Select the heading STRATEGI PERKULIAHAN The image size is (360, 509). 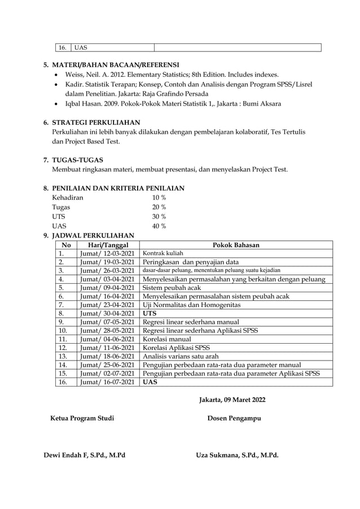point(96,122)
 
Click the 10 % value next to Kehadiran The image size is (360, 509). point(159,198)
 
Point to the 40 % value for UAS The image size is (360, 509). point(159,226)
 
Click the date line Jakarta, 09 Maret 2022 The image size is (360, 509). point(232,400)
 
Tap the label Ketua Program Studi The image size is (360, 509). point(82,418)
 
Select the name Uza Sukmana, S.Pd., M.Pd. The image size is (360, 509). point(237,455)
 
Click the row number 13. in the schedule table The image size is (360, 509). point(63,356)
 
